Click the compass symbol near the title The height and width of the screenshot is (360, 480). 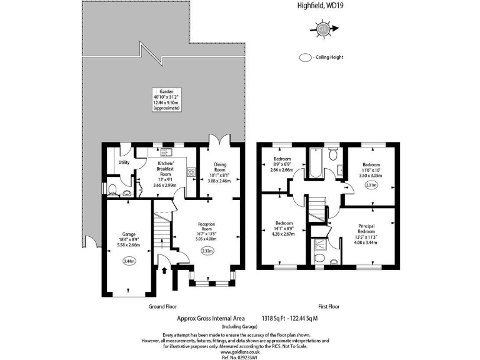[x=323, y=28]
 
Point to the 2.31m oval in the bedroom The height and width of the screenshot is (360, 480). [x=371, y=184]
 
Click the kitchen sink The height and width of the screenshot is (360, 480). [x=167, y=151]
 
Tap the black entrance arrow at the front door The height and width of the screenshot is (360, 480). [x=164, y=271]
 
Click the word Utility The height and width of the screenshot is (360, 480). [x=124, y=163]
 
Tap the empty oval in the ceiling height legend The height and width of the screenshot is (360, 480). [x=306, y=57]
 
